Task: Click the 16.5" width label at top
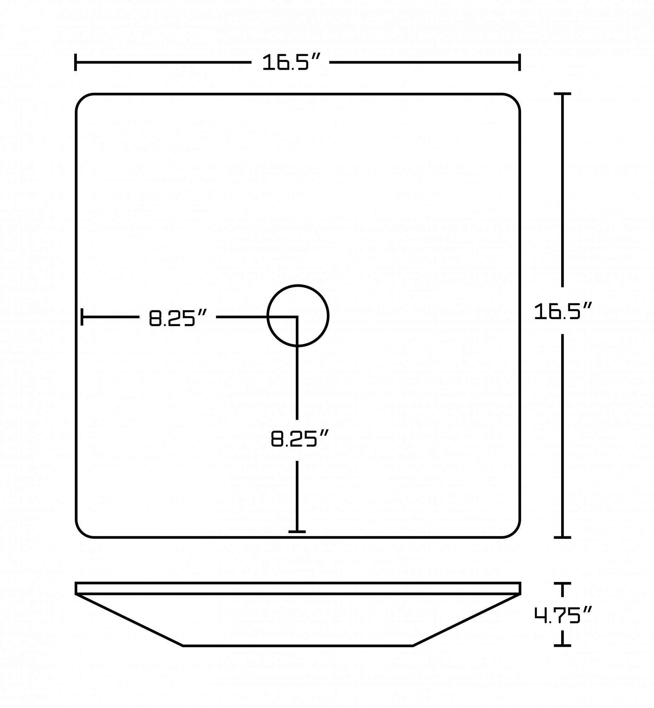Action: (291, 62)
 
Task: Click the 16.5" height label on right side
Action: (563, 311)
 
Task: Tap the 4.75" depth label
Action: (563, 615)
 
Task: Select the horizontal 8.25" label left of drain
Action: (177, 318)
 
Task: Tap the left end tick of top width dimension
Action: (75, 62)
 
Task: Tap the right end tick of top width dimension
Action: (519, 62)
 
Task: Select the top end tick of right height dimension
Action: (562, 94)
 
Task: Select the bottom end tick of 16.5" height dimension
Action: (562, 537)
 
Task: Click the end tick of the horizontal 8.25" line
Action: (82, 317)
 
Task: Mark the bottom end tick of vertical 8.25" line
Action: (297, 531)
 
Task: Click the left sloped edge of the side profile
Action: (129, 619)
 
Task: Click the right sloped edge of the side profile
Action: (466, 619)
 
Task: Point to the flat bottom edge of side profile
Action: (298, 646)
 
